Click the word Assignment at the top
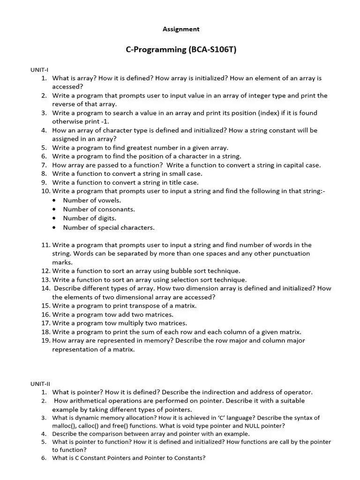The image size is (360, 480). click(x=181, y=29)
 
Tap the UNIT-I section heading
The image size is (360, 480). click(x=39, y=70)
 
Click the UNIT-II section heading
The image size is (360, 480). click(x=40, y=383)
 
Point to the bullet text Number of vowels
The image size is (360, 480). click(x=92, y=201)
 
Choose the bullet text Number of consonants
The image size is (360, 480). click(x=98, y=210)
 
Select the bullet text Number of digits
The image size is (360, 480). click(x=89, y=218)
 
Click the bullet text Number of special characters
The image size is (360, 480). click(x=108, y=228)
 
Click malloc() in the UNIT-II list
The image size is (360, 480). click(x=64, y=426)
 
